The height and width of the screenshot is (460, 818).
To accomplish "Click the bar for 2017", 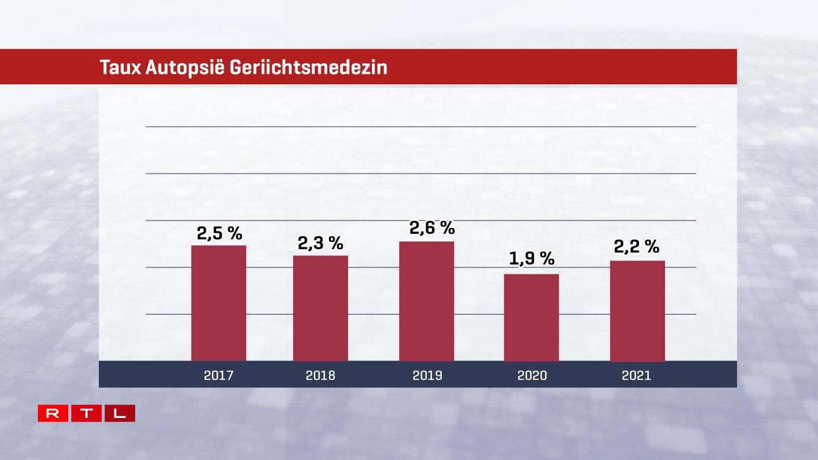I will pos(219,303).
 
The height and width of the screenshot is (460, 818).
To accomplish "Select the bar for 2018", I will pos(321,308).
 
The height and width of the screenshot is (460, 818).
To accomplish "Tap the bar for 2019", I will pos(427,301).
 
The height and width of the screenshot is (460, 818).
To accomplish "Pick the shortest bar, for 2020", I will pos(531,317).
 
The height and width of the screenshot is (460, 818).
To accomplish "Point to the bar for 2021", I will pos(637,311).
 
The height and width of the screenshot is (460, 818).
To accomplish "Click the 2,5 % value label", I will pos(219,233).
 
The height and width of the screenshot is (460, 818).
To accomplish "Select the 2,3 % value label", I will pos(320,243).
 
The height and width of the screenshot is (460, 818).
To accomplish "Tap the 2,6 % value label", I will pos(432,227).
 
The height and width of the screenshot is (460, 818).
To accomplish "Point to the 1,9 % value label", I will pos(531,258).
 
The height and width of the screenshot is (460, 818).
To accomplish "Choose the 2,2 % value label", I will pos(636,246).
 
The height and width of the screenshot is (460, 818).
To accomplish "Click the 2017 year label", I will pos(219,375).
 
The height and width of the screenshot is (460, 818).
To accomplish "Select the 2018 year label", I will pos(321,375).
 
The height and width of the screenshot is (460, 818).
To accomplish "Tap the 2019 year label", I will pos(427,375).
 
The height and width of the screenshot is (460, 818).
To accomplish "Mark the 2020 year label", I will pos(532,375).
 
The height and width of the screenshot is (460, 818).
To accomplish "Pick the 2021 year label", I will pos(636,375).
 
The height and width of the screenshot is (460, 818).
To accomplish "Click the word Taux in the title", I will pos(120,68).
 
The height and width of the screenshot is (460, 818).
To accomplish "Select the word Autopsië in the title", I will pos(185,68).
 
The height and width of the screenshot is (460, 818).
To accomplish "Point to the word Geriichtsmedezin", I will pos(308,68).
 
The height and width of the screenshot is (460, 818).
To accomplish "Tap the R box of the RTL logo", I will pos(53,413).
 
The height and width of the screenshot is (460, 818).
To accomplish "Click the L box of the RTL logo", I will pos(120,413).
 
